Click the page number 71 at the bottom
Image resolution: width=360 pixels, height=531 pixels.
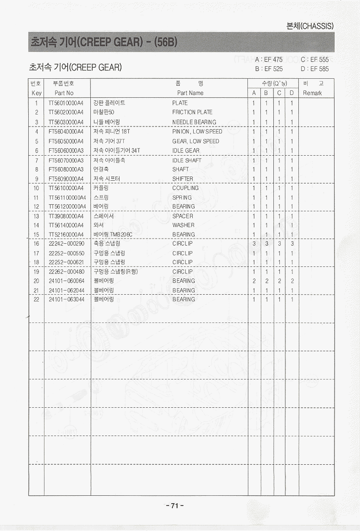point(175,506)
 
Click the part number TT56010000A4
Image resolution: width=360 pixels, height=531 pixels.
point(66,103)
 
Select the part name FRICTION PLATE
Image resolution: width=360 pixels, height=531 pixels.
point(192,112)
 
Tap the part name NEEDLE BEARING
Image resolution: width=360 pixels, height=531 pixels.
point(194,122)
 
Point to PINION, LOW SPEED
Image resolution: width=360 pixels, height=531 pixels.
point(197,132)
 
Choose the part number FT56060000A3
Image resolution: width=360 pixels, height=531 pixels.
point(66,151)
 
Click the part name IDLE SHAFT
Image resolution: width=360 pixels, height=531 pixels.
point(187,160)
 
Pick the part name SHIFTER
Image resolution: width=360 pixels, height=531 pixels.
point(183,179)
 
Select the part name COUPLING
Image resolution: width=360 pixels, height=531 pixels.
point(185,188)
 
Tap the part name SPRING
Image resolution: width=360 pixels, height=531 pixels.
point(182,197)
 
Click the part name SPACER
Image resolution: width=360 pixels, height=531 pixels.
point(183,216)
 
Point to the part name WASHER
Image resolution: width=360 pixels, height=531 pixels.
point(183,225)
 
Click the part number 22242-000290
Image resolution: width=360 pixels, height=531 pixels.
point(66,244)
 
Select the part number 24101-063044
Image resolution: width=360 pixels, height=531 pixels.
point(66,299)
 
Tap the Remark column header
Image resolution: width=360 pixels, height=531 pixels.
point(312,93)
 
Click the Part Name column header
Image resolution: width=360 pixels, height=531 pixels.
point(190,93)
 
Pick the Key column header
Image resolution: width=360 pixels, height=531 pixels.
point(37,93)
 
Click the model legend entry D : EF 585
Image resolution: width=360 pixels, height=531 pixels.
point(315,69)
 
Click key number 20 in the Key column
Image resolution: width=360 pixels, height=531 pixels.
point(36,281)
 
